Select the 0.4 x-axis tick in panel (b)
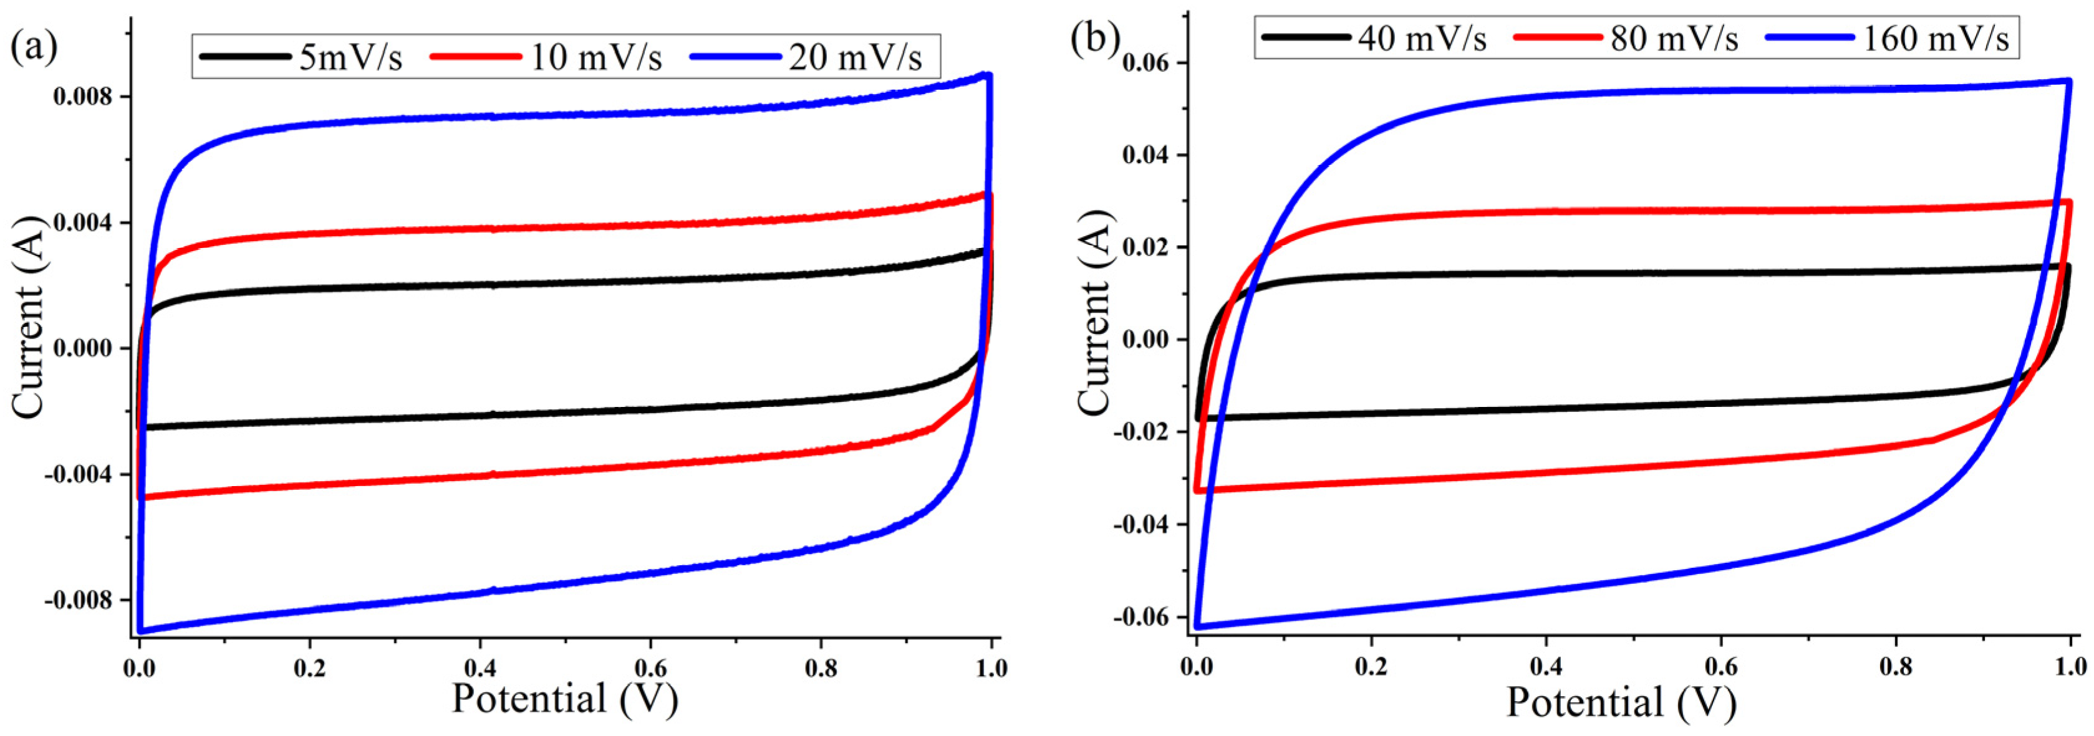pyautogui.click(x=1546, y=668)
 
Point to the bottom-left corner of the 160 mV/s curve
pyautogui.click(x=1197, y=626)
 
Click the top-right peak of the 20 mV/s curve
pyautogui.click(x=988, y=75)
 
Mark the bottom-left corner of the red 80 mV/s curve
pyautogui.click(x=1197, y=490)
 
